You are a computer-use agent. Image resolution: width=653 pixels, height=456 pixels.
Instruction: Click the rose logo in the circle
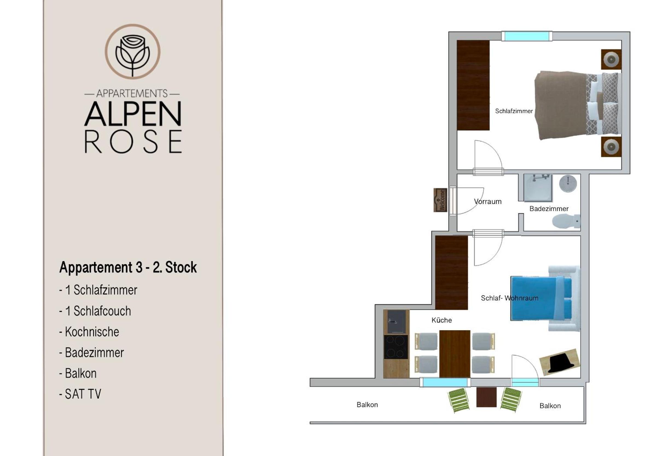pyautogui.click(x=132, y=51)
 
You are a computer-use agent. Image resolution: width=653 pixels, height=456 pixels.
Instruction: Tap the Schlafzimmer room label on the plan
pyautogui.click(x=514, y=111)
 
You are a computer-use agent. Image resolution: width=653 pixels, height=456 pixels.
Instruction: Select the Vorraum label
pyautogui.click(x=487, y=201)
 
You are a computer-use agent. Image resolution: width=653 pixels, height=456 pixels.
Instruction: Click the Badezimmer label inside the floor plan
pyautogui.click(x=548, y=209)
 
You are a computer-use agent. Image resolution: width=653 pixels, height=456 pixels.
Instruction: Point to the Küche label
pyautogui.click(x=442, y=320)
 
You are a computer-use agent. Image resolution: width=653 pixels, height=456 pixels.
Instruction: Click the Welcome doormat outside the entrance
pyautogui.click(x=440, y=200)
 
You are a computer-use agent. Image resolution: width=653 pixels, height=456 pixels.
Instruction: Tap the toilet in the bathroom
pyautogui.click(x=566, y=221)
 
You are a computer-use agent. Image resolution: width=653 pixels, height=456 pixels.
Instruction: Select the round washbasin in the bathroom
pyautogui.click(x=568, y=183)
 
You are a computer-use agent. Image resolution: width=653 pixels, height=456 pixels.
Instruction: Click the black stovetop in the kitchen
pyautogui.click(x=396, y=347)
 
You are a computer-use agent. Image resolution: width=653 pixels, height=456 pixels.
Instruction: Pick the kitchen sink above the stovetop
pyautogui.click(x=396, y=321)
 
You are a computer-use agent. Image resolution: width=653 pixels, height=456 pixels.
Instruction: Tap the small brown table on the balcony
pyautogui.click(x=486, y=397)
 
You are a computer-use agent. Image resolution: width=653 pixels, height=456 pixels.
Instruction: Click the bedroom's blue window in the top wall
pyautogui.click(x=526, y=36)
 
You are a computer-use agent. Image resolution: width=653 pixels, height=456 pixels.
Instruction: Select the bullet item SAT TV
pyautogui.click(x=80, y=394)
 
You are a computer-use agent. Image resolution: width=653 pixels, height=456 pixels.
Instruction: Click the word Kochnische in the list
pyautogui.click(x=92, y=332)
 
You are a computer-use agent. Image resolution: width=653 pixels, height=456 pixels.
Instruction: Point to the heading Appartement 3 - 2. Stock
pyautogui.click(x=128, y=267)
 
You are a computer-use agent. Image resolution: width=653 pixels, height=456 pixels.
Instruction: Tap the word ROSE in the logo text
pyautogui.click(x=133, y=142)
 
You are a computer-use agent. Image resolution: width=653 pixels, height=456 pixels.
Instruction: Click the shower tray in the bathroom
pyautogui.click(x=538, y=188)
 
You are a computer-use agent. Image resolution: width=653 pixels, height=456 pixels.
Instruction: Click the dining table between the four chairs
pyautogui.click(x=454, y=354)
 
